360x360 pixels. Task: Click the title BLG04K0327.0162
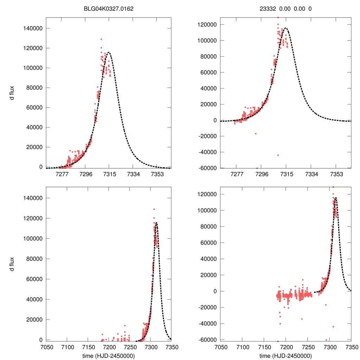[x=109, y=9]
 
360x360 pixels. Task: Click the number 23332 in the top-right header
[x=263, y=9]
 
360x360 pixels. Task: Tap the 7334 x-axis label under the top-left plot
[x=133, y=174]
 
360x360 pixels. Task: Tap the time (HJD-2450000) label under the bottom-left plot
[x=109, y=356]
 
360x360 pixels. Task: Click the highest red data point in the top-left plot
[x=101, y=39]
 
